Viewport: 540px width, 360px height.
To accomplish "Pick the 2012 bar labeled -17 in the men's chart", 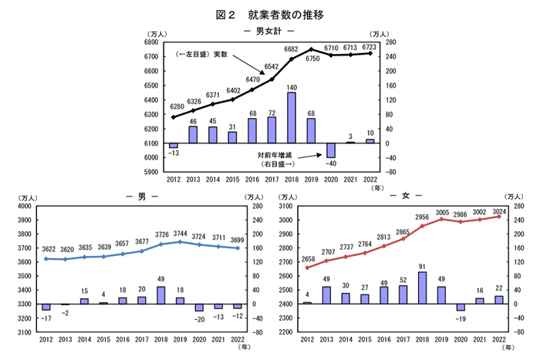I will tap(46, 307).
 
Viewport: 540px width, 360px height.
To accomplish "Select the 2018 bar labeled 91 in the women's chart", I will tap(421, 288).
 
